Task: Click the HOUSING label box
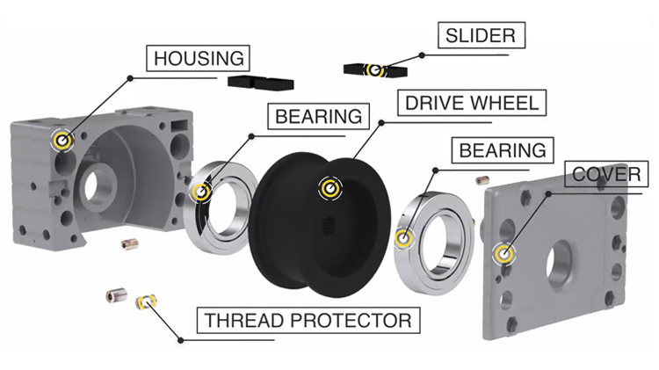coord(198,58)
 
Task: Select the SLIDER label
coord(482,35)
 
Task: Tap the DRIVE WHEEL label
coord(472,103)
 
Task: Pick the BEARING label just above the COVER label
coord(503,150)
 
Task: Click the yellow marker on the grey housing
coord(62,140)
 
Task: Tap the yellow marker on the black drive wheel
coord(329,188)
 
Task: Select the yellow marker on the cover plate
coord(504,253)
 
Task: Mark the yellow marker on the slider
coord(374,69)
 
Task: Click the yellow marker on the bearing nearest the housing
coord(201,192)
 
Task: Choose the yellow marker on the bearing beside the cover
coord(403,238)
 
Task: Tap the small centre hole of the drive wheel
coord(329,226)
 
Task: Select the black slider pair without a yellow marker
coord(261,83)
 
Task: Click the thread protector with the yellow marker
coord(146,301)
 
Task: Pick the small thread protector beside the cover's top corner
coord(482,180)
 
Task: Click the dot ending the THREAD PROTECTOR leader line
coord(181,340)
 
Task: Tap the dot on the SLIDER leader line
coord(422,55)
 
